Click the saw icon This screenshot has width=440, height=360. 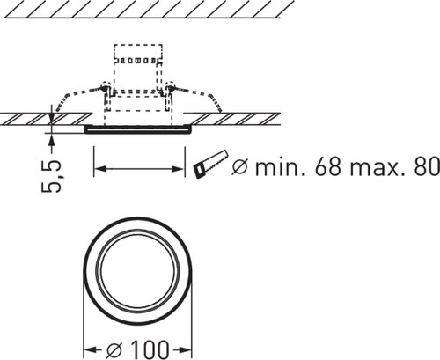[x=210, y=164]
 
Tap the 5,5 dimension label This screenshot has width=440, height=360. [x=52, y=176]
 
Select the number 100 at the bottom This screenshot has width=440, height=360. [x=150, y=349]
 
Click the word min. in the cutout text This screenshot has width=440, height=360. [x=281, y=166]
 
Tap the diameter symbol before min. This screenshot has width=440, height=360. [x=239, y=166]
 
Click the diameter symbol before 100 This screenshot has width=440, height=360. [x=114, y=349]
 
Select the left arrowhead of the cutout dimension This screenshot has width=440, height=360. [x=99, y=169]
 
